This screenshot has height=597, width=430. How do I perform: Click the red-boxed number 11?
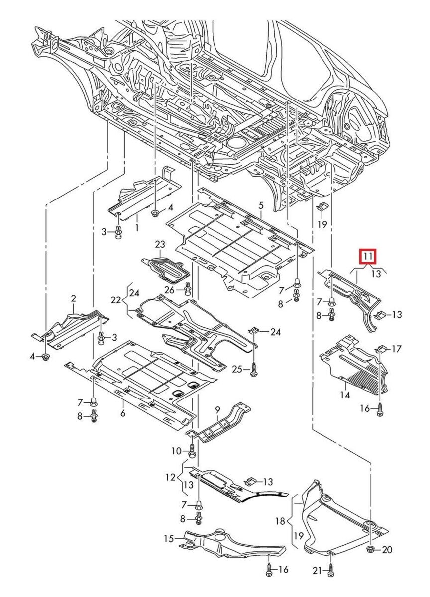pyautogui.click(x=368, y=257)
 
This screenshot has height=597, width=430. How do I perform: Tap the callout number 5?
pyautogui.click(x=261, y=205)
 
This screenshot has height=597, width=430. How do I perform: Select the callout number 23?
pyautogui.click(x=159, y=244)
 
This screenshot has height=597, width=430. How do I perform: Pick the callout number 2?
pyautogui.click(x=73, y=298)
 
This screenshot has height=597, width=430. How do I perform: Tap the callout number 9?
pyautogui.click(x=217, y=409)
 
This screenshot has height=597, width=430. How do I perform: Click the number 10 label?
pyautogui.click(x=177, y=451)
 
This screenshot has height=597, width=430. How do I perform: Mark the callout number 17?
pyautogui.click(x=396, y=349)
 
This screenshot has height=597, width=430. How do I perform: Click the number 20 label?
pyautogui.click(x=387, y=550)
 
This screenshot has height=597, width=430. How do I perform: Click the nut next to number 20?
pyautogui.click(x=371, y=549)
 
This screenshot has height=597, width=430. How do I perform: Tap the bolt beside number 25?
pyautogui.click(x=254, y=369)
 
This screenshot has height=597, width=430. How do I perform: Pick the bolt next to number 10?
pyautogui.click(x=193, y=451)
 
